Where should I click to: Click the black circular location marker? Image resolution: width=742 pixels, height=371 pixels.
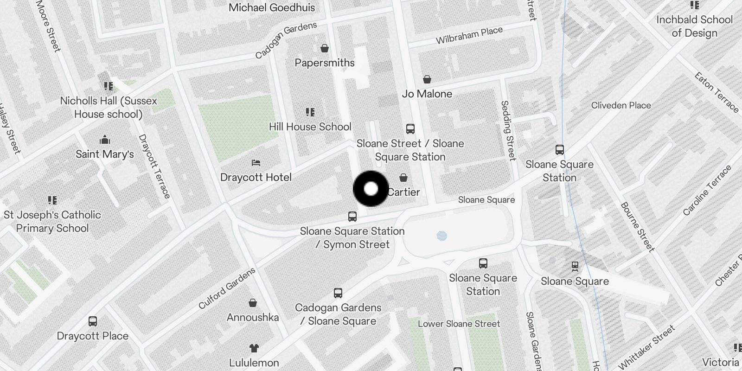371,189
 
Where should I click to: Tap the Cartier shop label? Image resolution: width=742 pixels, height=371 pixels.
403,192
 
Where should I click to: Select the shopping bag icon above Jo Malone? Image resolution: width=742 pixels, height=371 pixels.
427,80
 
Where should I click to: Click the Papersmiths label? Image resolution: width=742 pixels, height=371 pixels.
325,63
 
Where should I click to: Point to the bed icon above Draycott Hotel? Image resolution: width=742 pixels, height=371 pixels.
256,163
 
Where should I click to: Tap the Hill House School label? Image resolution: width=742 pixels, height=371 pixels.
310,127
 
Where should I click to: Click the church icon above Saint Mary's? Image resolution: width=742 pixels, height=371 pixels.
105,140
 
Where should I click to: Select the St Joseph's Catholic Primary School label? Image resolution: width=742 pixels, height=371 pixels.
52,222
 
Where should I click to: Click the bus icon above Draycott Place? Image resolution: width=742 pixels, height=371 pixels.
93,321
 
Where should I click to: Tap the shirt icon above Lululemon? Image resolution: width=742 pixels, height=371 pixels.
254,348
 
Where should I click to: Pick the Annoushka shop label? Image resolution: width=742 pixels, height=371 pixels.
253,318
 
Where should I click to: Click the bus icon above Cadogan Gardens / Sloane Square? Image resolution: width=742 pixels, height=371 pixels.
338,293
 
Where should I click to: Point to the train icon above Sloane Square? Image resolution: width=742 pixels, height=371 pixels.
575,266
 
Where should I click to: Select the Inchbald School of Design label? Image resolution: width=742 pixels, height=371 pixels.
694,26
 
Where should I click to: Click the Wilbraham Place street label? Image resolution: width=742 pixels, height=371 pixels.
469,35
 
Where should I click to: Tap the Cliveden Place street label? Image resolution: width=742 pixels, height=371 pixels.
621,105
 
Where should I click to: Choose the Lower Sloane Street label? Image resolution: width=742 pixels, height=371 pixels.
459,324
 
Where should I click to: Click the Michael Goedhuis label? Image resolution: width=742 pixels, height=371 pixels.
272,7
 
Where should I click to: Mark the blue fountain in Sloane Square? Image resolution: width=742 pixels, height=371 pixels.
442,236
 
